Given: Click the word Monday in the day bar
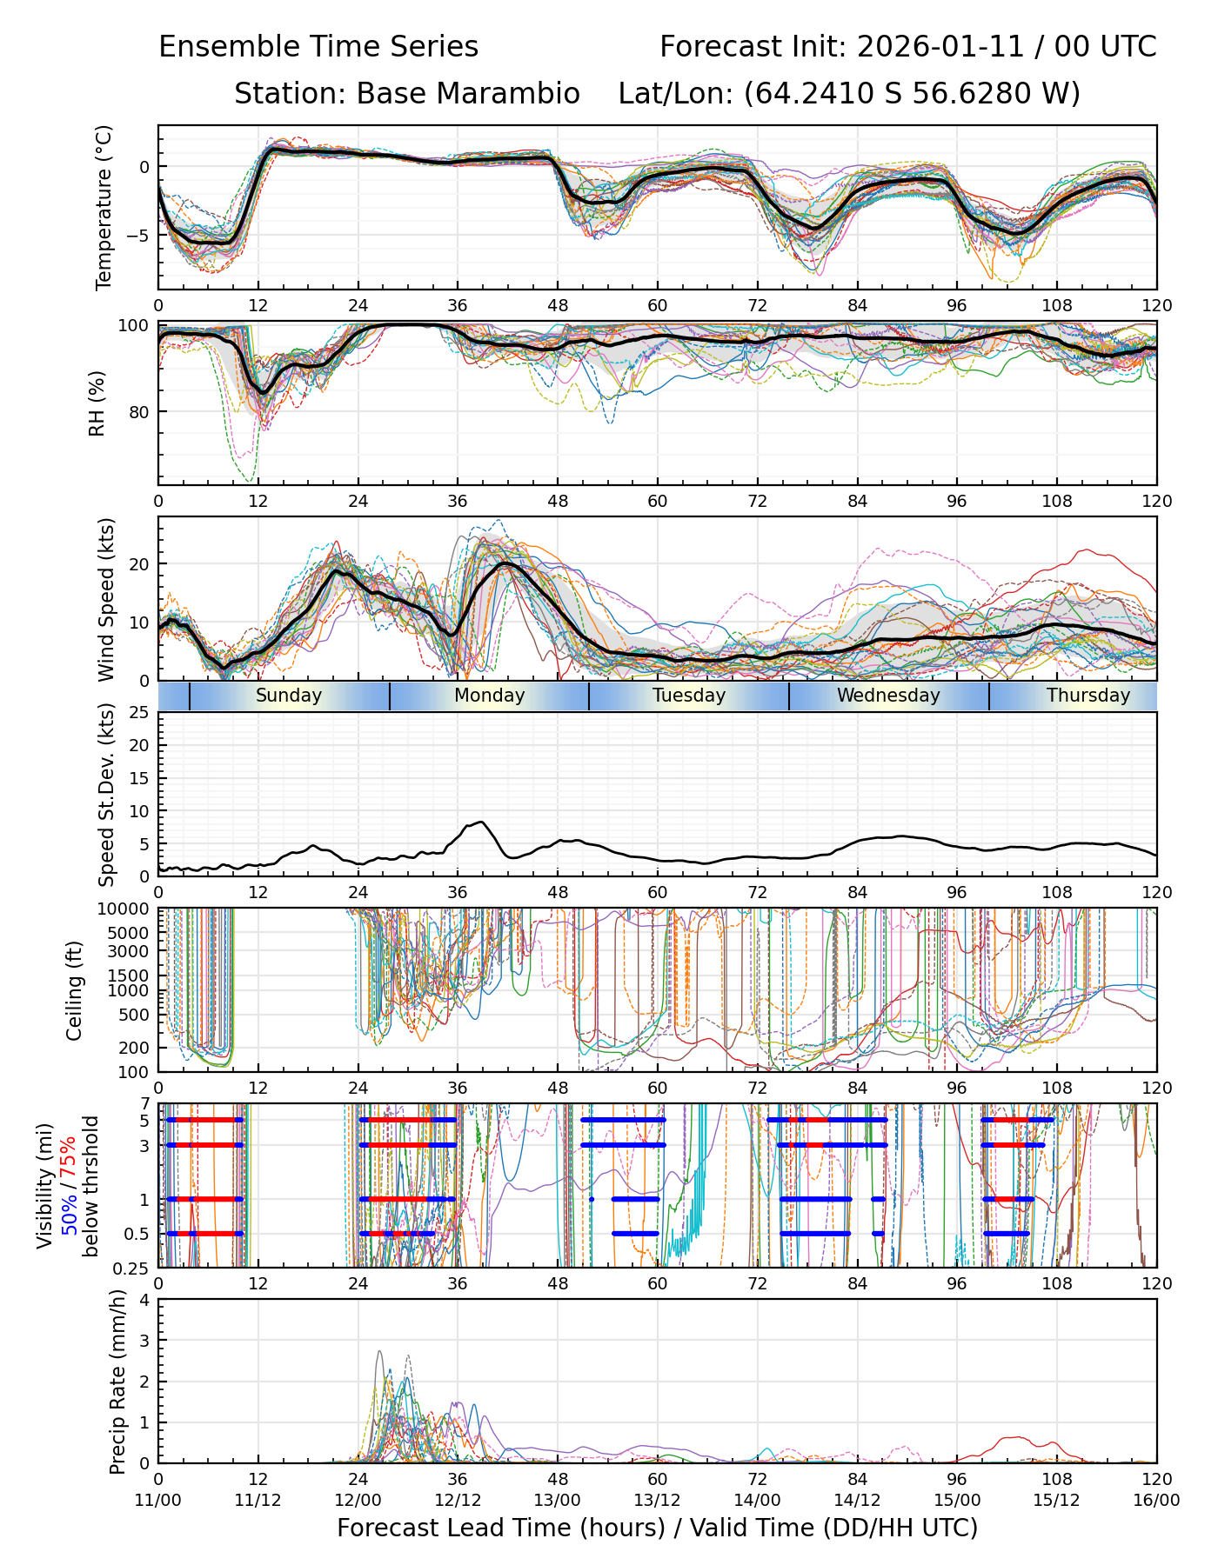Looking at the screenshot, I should (x=489, y=696).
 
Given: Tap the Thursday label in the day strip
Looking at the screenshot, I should (x=1087, y=696).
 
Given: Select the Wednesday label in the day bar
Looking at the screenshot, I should (x=888, y=696).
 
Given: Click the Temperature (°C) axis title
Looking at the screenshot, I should (x=104, y=207).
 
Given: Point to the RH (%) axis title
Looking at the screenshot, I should (x=97, y=403).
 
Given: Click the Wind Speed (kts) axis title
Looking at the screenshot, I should (x=106, y=599).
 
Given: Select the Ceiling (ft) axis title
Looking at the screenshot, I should (x=75, y=990).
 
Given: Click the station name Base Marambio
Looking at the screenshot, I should (x=468, y=94).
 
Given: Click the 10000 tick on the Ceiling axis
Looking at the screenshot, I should (x=126, y=909).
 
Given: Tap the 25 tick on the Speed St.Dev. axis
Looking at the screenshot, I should (x=139, y=713).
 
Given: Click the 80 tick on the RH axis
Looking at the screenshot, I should (x=139, y=412).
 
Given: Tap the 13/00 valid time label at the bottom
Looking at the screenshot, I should (x=558, y=1501).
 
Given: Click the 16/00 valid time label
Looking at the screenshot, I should (x=1156, y=1501).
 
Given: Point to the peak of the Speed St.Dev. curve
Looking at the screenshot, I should (x=480, y=822).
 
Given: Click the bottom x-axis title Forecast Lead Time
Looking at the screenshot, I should (x=657, y=1528).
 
